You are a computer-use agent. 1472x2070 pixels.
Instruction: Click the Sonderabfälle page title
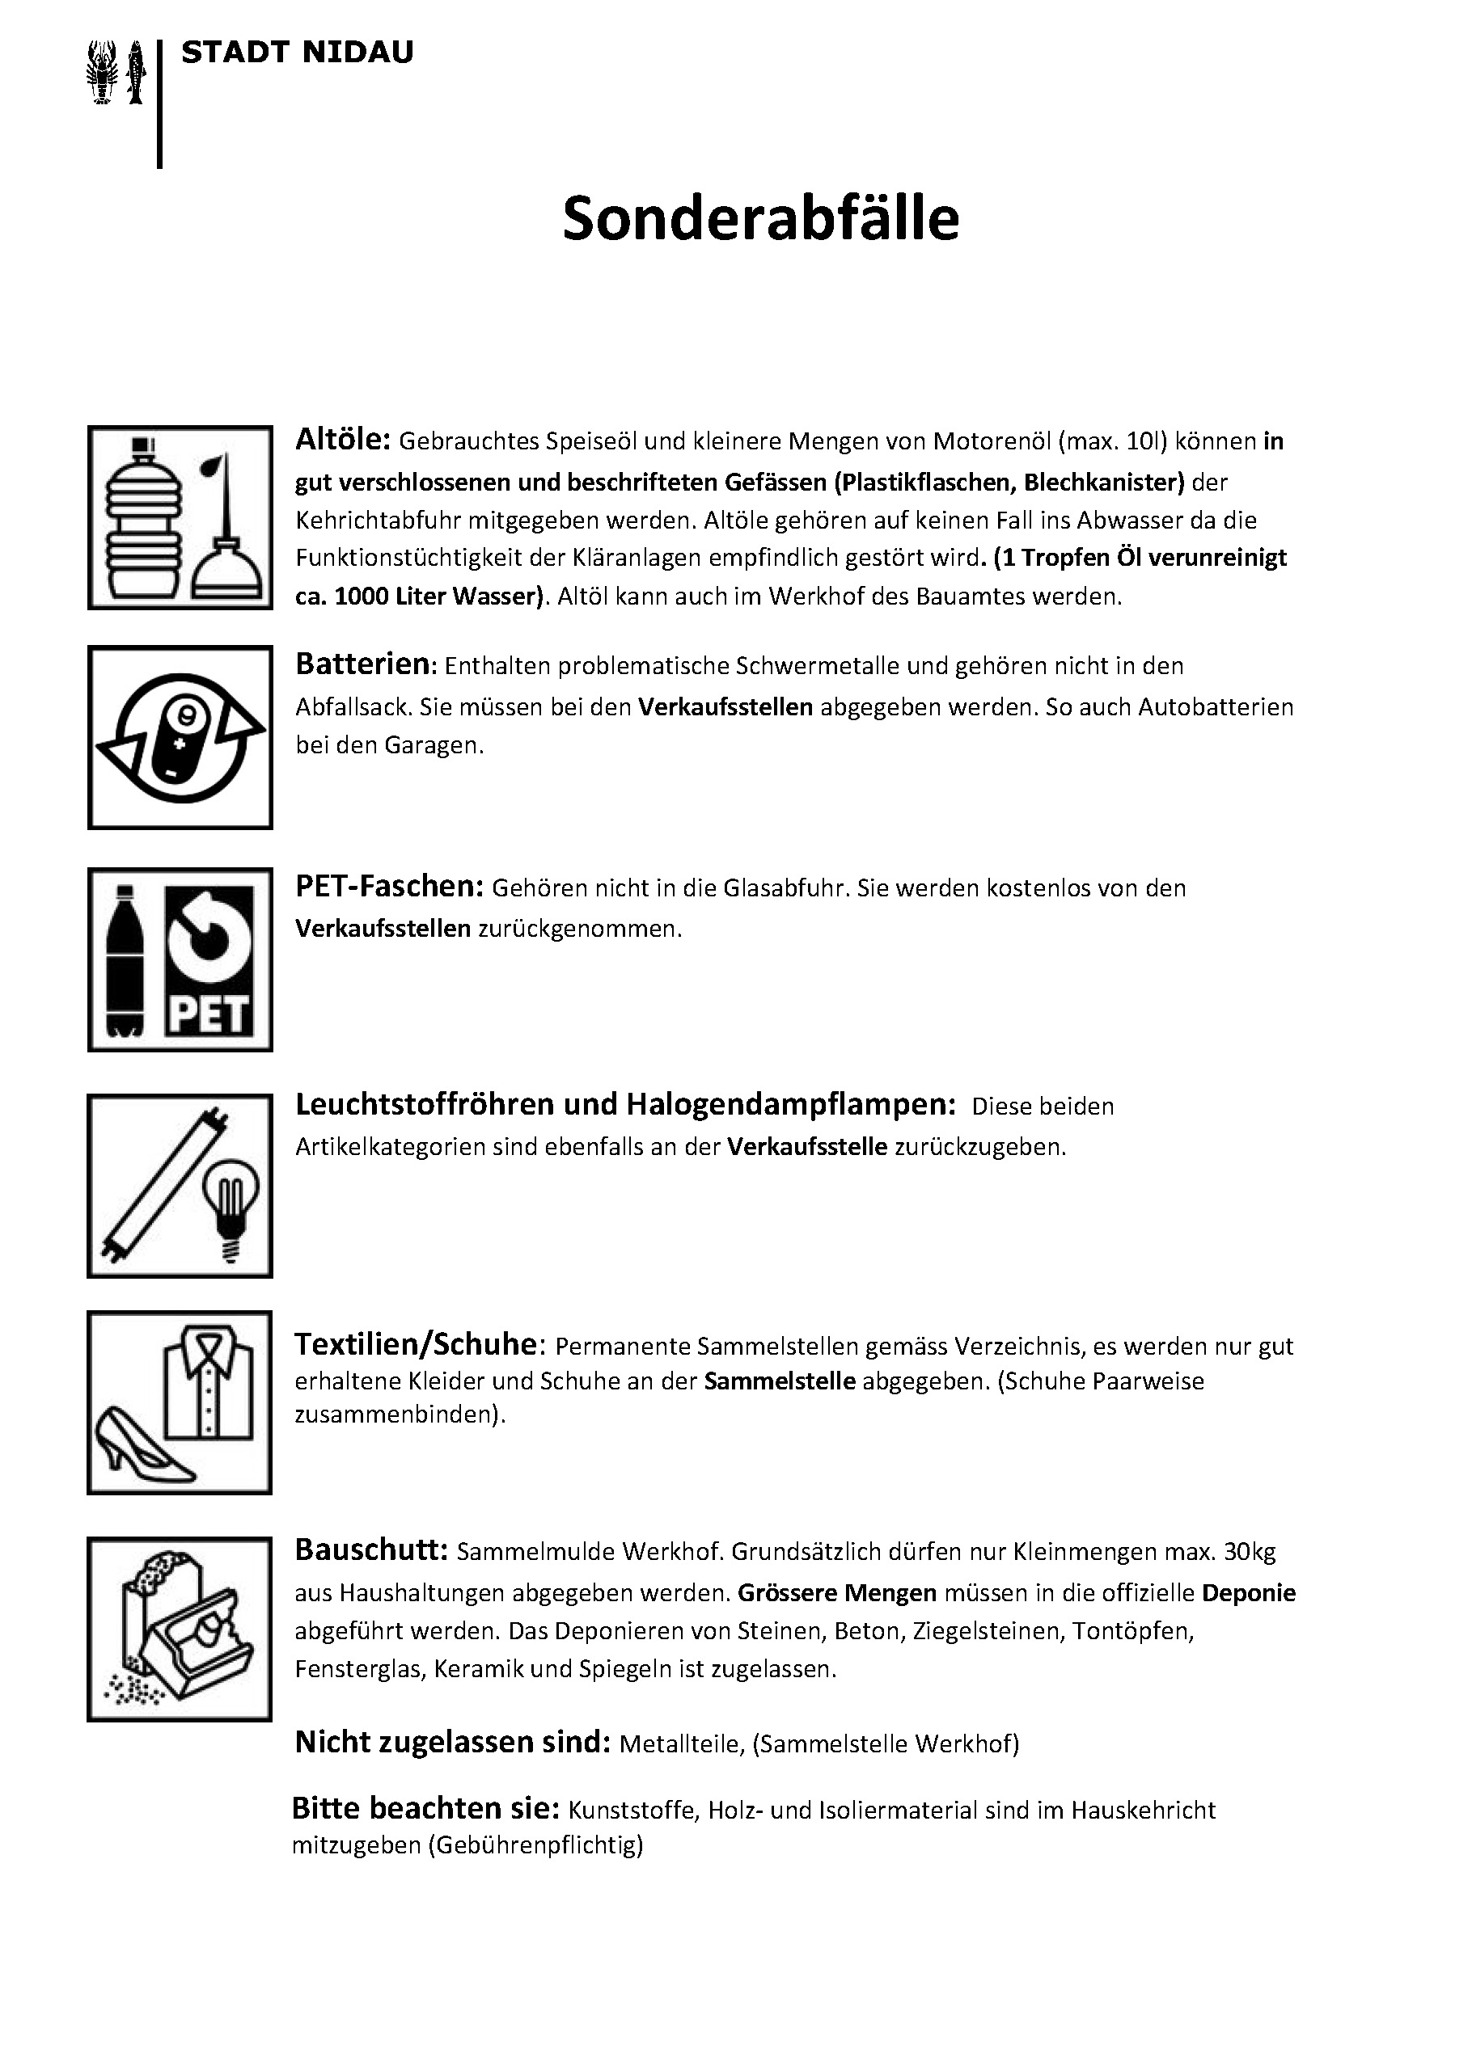(x=760, y=219)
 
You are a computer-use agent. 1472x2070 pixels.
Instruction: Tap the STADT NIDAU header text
(x=298, y=53)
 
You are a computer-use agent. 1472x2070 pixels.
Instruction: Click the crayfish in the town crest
(x=104, y=73)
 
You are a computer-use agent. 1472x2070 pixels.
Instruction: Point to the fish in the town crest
(x=136, y=73)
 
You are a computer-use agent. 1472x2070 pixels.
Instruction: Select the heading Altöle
(x=343, y=440)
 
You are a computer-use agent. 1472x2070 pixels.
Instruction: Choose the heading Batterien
(x=362, y=664)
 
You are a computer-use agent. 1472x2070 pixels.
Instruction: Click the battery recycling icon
(x=180, y=737)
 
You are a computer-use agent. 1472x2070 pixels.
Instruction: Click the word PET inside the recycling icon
(x=209, y=1014)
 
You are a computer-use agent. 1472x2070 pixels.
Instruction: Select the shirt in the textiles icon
(x=209, y=1381)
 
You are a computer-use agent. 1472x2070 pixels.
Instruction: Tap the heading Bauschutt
(x=371, y=1550)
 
